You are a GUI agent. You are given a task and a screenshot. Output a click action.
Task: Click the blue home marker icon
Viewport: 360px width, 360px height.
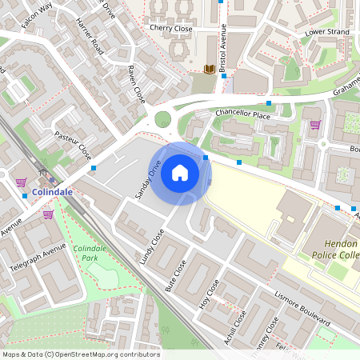[180, 173]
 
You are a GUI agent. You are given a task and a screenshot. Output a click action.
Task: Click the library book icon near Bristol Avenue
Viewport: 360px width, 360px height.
[210, 70]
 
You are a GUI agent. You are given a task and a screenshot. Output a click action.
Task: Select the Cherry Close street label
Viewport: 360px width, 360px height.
[171, 28]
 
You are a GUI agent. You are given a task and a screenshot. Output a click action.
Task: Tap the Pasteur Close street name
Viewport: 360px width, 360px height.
[73, 145]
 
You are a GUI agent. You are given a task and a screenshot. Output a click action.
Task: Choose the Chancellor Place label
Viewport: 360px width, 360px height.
[243, 115]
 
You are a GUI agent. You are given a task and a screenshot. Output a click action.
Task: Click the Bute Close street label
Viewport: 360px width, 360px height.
[175, 274]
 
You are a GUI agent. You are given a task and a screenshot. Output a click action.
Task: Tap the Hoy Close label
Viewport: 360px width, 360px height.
[208, 297]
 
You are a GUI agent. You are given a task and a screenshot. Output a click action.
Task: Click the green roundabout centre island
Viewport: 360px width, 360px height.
[163, 120]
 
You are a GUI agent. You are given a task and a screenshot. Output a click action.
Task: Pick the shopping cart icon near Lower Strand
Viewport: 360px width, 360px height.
[315, 125]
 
